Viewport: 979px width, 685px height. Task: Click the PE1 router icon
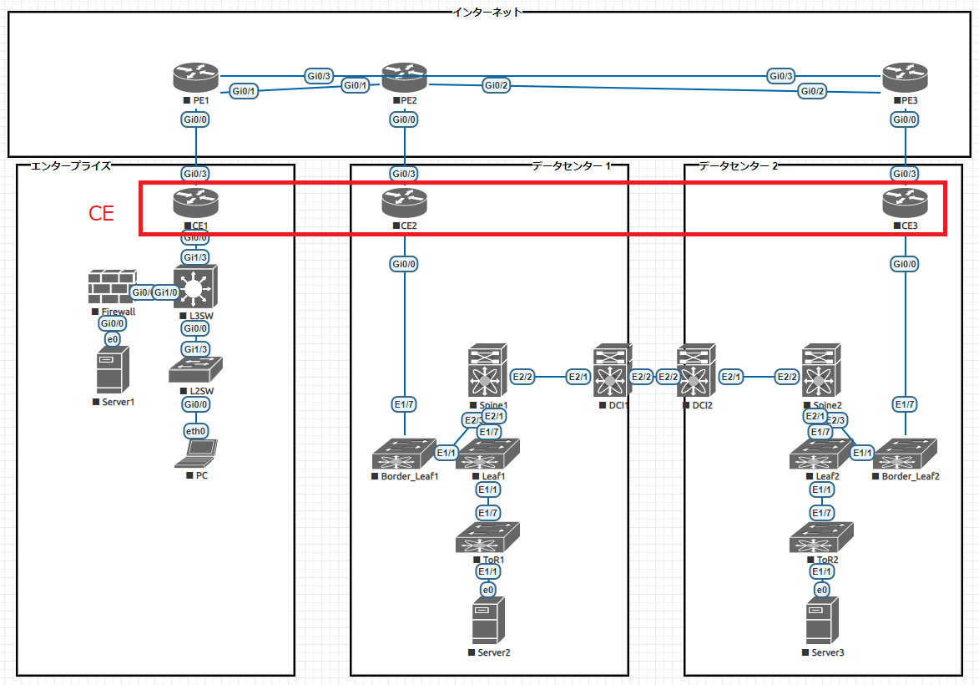[x=196, y=78]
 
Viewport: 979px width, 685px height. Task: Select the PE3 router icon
[x=906, y=78]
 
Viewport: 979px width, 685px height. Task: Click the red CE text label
[x=101, y=214]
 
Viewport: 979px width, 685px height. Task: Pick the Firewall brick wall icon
[x=112, y=287]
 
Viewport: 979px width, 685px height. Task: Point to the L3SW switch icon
[x=195, y=288]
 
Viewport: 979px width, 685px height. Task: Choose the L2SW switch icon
[x=196, y=370]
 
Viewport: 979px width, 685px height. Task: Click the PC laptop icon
[x=196, y=452]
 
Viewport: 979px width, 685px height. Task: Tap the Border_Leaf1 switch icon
[x=404, y=454]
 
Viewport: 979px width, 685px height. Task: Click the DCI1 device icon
[x=613, y=371]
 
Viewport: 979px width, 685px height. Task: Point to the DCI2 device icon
[x=695, y=371]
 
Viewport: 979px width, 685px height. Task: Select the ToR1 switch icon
[x=488, y=537]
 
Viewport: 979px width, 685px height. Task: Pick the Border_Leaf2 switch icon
[x=906, y=454]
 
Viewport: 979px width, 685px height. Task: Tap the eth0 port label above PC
[x=196, y=431]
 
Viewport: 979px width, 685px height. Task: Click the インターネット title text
[x=487, y=12]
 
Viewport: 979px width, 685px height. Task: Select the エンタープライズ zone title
[x=70, y=166]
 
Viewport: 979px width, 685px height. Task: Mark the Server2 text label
[x=492, y=652]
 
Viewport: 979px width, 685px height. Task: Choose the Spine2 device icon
[x=822, y=371]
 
